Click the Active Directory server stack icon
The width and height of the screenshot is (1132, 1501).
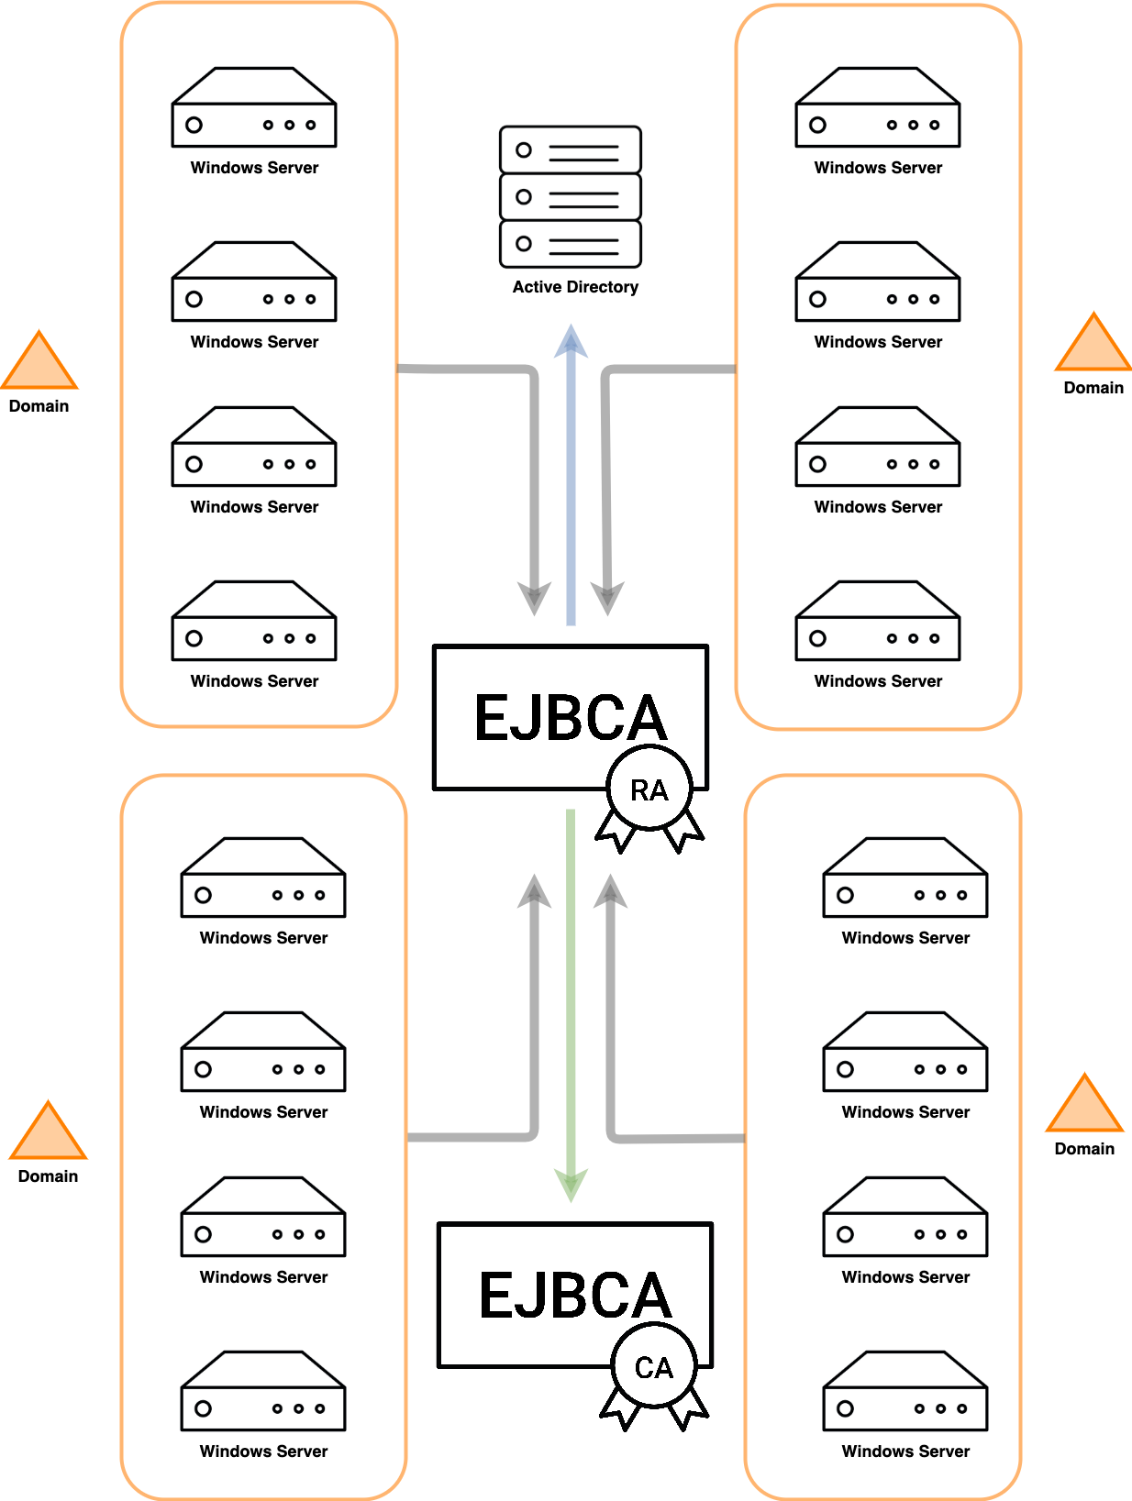[570, 196]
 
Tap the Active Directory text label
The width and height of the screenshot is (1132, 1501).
[575, 287]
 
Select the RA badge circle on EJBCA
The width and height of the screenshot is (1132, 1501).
[649, 789]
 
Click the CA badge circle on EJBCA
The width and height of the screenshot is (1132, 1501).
[653, 1366]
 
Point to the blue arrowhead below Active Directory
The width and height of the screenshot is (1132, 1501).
[571, 342]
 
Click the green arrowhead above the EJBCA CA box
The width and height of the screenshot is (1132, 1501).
[571, 1185]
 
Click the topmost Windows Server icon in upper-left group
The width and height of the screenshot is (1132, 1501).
[254, 108]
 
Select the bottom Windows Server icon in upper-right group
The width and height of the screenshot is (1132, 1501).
[878, 622]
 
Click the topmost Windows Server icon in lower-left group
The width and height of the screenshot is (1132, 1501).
[263, 878]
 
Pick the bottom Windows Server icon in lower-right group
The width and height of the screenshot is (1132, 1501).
[905, 1392]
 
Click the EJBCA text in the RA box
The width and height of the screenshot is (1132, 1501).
[570, 717]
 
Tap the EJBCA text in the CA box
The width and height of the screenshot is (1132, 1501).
[574, 1295]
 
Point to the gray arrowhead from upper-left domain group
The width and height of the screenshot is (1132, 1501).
[534, 598]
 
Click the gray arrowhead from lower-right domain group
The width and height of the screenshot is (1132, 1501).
[610, 891]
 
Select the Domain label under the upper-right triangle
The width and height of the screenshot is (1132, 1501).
[1093, 388]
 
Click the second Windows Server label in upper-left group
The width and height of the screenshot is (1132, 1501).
[254, 342]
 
